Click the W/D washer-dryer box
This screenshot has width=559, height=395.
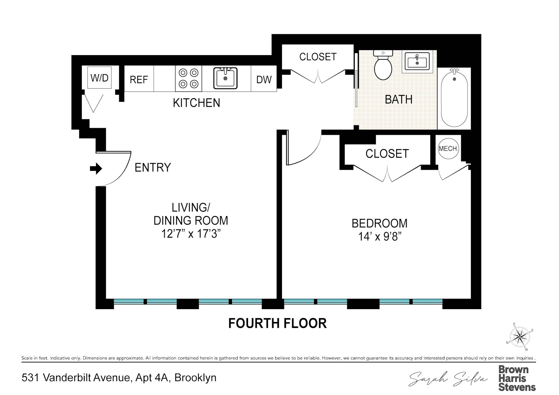click(x=100, y=78)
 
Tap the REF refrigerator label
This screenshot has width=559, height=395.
click(x=139, y=80)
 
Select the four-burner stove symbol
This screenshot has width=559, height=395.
click(x=189, y=78)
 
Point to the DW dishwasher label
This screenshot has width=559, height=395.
click(x=264, y=80)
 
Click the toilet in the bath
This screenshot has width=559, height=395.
click(x=383, y=66)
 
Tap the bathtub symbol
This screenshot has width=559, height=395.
click(x=454, y=97)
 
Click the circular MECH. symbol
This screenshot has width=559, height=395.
click(x=448, y=149)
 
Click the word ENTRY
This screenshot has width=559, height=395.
click(x=153, y=168)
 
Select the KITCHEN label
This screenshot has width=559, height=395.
click(x=196, y=103)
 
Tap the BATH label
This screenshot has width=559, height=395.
click(x=398, y=100)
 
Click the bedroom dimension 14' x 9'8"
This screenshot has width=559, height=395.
click(x=379, y=237)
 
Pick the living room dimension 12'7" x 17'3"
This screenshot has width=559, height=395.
click(x=191, y=234)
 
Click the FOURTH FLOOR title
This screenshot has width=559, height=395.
click(x=277, y=323)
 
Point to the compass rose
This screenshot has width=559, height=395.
click(x=520, y=337)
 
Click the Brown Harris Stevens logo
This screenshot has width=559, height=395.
click(x=517, y=378)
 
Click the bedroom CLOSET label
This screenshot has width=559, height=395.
click(x=387, y=154)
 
